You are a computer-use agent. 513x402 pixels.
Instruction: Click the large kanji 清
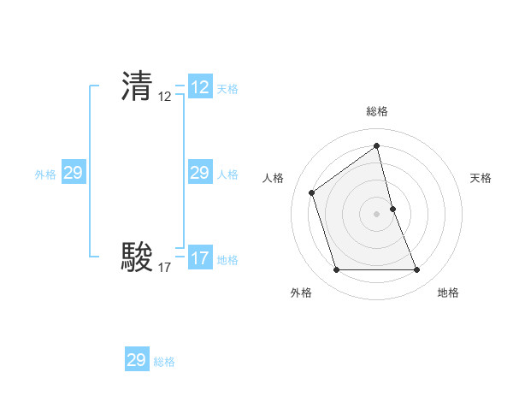pyautogui.click(x=137, y=86)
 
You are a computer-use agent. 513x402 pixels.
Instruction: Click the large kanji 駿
pyautogui.click(x=137, y=257)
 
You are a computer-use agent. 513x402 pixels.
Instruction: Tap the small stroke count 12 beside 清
pyautogui.click(x=165, y=98)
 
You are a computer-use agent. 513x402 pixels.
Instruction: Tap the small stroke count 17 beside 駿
pyautogui.click(x=165, y=268)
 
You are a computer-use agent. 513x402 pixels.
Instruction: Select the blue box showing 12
pyautogui.click(x=200, y=87)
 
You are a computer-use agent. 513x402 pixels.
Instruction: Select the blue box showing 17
pyautogui.click(x=200, y=258)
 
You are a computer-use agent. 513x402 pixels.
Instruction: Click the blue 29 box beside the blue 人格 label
pyautogui.click(x=200, y=173)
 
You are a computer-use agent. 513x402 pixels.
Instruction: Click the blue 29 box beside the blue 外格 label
pyautogui.click(x=74, y=173)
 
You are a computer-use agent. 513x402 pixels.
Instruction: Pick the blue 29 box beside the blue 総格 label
pyautogui.click(x=137, y=360)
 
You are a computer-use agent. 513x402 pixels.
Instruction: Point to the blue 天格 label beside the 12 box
pyautogui.click(x=227, y=89)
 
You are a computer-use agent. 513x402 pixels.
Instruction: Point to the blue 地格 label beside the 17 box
pyautogui.click(x=227, y=260)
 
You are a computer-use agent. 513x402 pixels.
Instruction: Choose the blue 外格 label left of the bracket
pyautogui.click(x=45, y=174)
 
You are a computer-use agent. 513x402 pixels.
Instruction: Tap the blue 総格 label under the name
pyautogui.click(x=164, y=362)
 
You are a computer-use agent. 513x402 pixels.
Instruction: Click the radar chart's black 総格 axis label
pyautogui.click(x=377, y=111)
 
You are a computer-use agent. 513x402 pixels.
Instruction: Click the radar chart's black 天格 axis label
pyautogui.click(x=481, y=178)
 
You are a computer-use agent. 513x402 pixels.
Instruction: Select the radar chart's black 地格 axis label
pyautogui.click(x=448, y=293)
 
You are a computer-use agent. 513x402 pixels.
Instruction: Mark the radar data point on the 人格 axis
pyautogui.click(x=312, y=192)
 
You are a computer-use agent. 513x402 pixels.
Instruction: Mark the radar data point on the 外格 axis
pyautogui.click(x=337, y=270)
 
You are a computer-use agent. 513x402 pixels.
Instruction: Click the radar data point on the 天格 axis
pyautogui.click(x=392, y=209)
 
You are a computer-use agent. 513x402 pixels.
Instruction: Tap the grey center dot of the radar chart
pyautogui.click(x=377, y=214)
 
